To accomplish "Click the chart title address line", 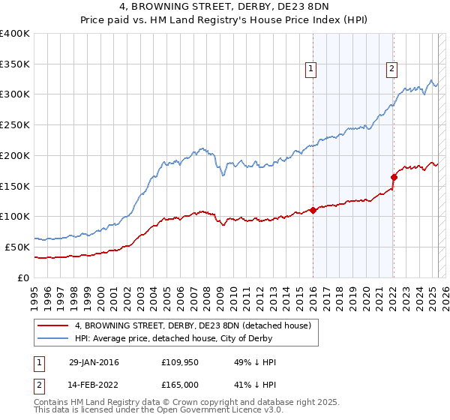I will point(225,8).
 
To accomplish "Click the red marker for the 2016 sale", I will point(313,210).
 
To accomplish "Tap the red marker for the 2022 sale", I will point(393,177).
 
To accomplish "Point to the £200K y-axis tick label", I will point(15,155).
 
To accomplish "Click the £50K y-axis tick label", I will point(17,247).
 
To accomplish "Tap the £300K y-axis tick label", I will point(15,94).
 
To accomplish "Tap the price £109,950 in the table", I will point(179,362).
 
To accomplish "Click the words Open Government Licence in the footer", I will point(209,411).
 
